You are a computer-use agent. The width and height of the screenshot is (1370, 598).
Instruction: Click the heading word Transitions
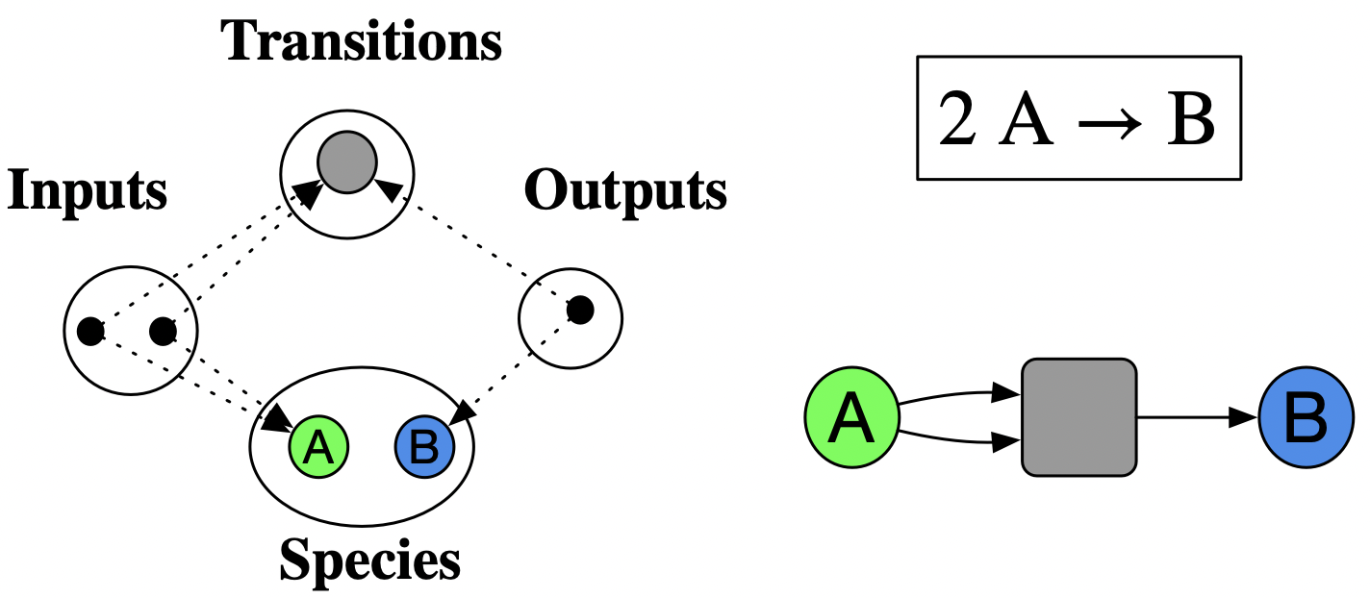pyautogui.click(x=363, y=41)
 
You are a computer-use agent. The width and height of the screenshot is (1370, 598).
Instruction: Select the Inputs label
pyautogui.click(x=88, y=191)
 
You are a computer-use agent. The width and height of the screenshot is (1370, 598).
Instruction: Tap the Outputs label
pyautogui.click(x=625, y=191)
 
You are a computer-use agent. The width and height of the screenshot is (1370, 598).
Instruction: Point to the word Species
pyautogui.click(x=369, y=559)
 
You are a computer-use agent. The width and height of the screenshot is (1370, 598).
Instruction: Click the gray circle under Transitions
pyautogui.click(x=346, y=162)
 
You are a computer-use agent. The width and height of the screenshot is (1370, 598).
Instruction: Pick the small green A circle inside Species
pyautogui.click(x=318, y=446)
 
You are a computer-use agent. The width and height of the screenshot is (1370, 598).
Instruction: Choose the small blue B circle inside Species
pyautogui.click(x=424, y=446)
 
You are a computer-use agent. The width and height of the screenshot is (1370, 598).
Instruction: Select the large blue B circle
pyautogui.click(x=1305, y=419)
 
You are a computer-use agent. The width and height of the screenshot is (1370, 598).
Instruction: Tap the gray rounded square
pyautogui.click(x=1078, y=417)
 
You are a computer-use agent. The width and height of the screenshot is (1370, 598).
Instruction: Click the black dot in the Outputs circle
pyautogui.click(x=580, y=311)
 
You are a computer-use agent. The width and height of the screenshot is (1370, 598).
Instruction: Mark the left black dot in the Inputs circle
pyautogui.click(x=90, y=332)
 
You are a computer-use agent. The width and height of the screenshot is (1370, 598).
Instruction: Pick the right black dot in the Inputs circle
pyautogui.click(x=163, y=332)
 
